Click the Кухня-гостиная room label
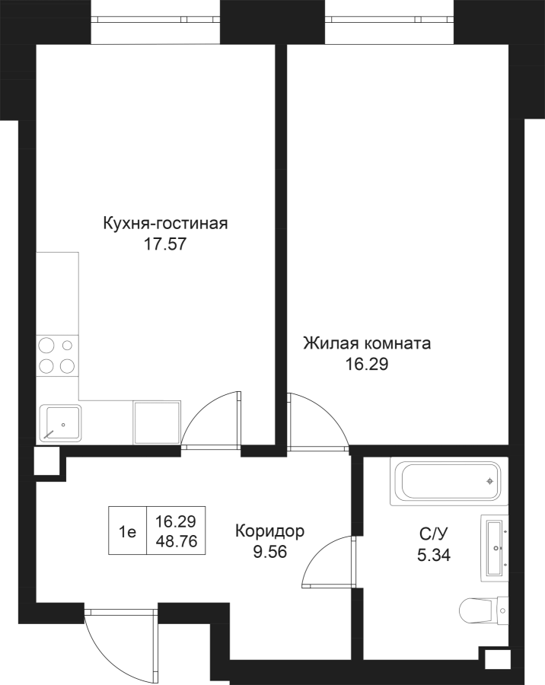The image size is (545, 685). (x=165, y=224)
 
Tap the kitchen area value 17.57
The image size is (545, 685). (x=165, y=244)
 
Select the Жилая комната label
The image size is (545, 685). (x=367, y=343)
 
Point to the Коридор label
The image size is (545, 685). (x=269, y=531)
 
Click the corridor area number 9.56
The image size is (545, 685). (x=269, y=553)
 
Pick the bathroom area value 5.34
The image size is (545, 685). (x=434, y=556)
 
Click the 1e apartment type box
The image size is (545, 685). (x=127, y=530)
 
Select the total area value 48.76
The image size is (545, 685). (x=177, y=542)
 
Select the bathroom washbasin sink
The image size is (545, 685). (x=495, y=548)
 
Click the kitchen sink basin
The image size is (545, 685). (x=60, y=423)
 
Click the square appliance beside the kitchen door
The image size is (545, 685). (x=158, y=423)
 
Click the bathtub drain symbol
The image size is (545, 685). (x=490, y=481)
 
